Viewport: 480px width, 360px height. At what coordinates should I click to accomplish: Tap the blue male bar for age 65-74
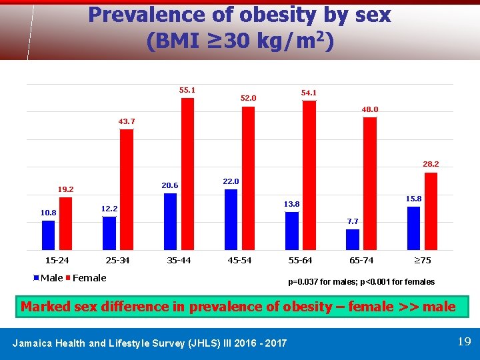point(353,239)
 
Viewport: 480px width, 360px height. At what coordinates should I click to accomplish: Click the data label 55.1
point(187,89)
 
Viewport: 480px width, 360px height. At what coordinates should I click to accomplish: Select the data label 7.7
point(353,221)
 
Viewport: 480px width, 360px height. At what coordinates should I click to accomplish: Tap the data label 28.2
point(431,163)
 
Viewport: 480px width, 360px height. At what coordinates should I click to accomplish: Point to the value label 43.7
point(126,121)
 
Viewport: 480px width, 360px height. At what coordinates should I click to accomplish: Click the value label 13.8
point(292,203)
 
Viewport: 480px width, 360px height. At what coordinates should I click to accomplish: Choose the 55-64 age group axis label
point(300,260)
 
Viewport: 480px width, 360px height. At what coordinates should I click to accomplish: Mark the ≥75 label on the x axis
point(423,260)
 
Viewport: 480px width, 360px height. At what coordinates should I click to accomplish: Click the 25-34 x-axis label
point(118,260)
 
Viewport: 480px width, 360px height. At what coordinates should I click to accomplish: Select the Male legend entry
point(49,278)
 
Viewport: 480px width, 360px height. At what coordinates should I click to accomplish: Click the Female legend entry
point(88,278)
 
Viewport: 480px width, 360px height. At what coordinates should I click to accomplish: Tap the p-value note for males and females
point(361,281)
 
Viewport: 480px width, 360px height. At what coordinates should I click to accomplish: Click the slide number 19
point(464,342)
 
